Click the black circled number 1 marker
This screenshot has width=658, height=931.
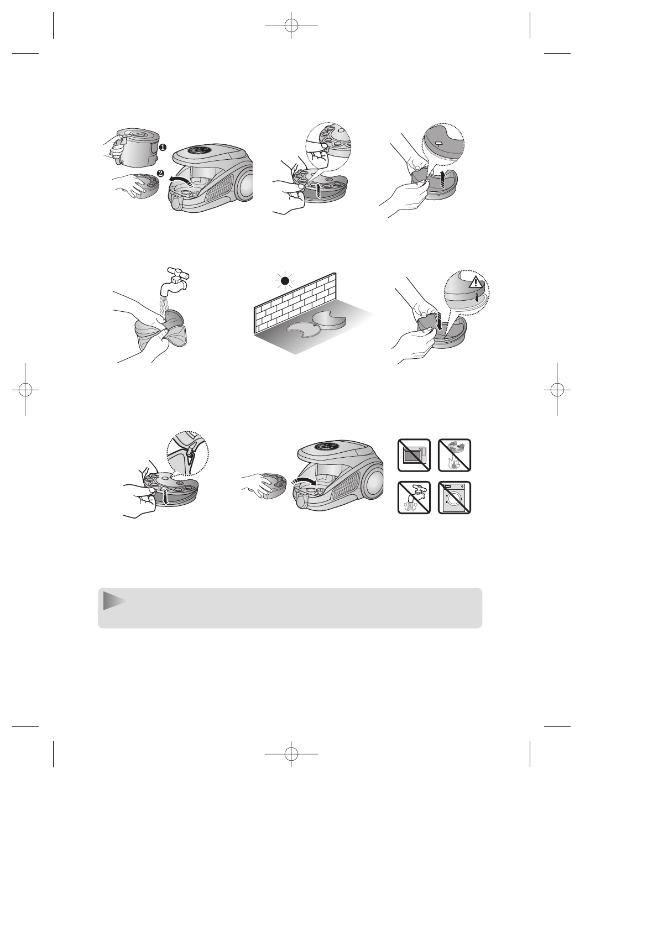click(x=164, y=148)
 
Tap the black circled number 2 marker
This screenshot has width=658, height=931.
click(x=160, y=173)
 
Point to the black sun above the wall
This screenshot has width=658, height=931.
click(x=285, y=281)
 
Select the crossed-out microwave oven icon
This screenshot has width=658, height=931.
click(x=414, y=455)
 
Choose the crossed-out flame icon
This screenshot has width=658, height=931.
click(x=455, y=455)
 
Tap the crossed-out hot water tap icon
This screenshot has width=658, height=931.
click(x=414, y=498)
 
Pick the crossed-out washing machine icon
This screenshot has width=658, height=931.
click(x=455, y=498)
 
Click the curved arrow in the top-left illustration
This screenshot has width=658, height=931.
click(x=182, y=180)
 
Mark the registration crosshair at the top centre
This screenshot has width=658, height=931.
click(x=291, y=25)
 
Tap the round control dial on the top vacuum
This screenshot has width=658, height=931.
click(x=203, y=150)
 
